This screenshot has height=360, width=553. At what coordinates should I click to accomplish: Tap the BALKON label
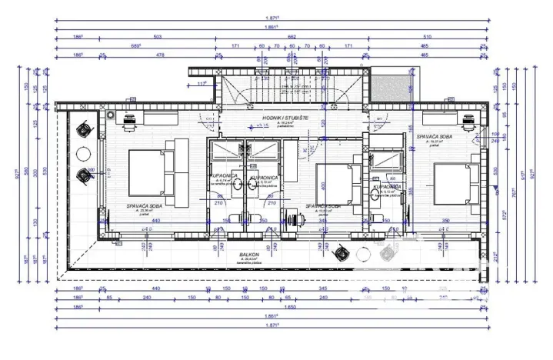pyautogui.click(x=247, y=255)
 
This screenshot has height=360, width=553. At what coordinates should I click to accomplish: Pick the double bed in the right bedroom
pyautogui.click(x=454, y=183)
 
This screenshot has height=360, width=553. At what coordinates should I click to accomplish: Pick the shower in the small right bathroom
pyautogui.click(x=383, y=159)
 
